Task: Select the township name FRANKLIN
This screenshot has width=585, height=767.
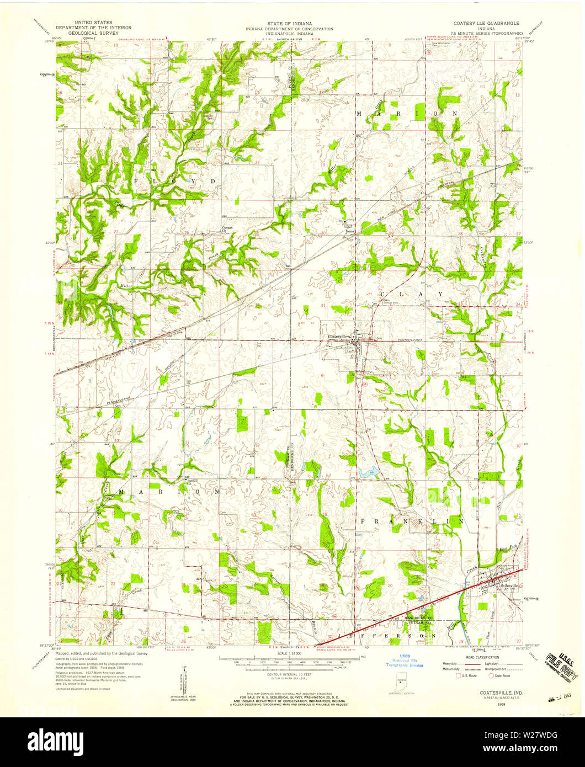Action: click(x=411, y=521)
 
